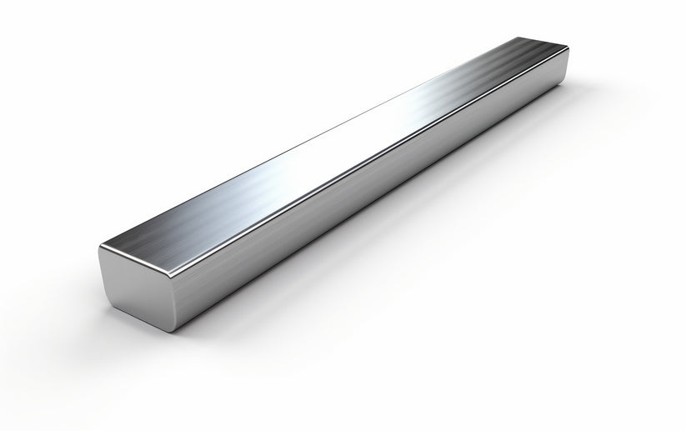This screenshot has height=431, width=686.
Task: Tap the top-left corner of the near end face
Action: point(100,247)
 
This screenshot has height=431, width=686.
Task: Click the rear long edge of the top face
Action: point(333,125)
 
